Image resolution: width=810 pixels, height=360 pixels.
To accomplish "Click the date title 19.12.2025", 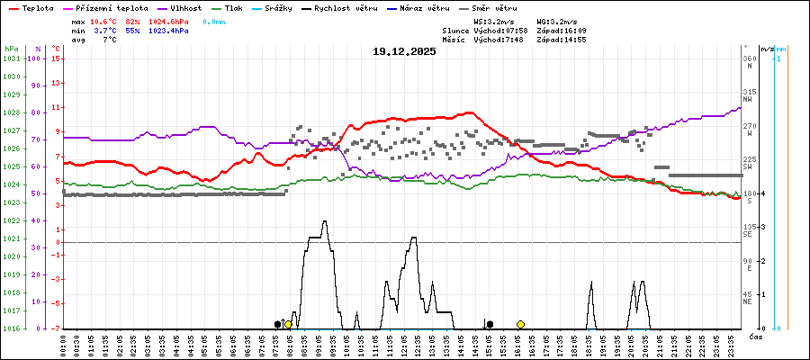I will point(404,51).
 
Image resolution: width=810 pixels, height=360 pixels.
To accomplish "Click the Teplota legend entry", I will point(37,7).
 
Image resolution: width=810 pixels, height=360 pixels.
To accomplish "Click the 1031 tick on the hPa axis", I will point(11,58).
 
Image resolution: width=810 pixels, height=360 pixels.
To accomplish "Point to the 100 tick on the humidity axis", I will point(35,58).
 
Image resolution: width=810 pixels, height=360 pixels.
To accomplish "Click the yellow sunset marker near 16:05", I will point(520,324).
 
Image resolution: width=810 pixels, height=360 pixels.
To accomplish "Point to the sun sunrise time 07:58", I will point(516,31).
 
